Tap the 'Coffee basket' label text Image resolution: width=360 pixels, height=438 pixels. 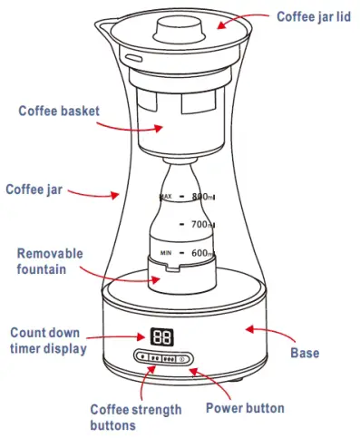[x=58, y=112]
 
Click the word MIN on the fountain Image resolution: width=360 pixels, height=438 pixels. [x=165, y=253]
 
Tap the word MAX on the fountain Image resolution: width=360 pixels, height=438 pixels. [x=165, y=196]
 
